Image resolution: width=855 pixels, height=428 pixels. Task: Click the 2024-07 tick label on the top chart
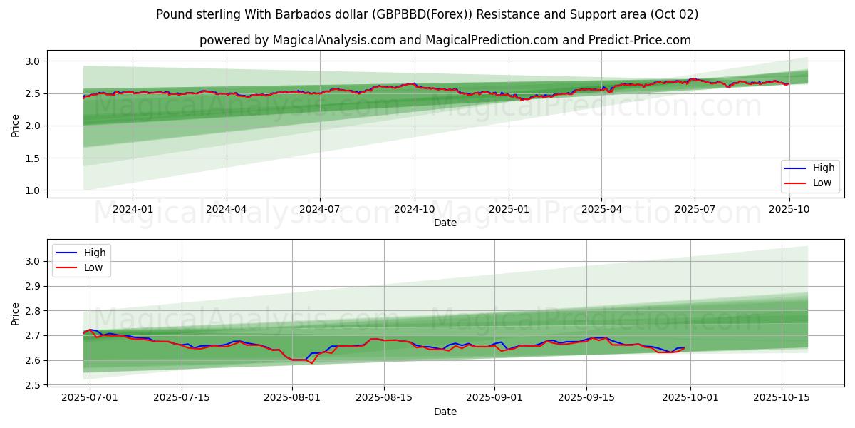(320, 209)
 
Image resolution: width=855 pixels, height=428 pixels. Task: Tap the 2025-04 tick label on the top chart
(601, 209)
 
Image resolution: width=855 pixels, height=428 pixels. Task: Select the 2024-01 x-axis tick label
(133, 209)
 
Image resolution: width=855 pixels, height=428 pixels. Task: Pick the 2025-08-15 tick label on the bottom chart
(384, 398)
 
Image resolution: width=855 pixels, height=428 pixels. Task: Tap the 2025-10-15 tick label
(782, 398)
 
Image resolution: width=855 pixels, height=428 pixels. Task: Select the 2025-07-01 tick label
(90, 398)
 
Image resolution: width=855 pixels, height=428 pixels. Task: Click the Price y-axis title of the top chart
(15, 126)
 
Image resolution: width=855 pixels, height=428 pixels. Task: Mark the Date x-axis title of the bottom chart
(445, 412)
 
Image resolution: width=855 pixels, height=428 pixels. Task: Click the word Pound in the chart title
(174, 14)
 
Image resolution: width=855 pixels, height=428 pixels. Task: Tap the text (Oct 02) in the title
(674, 14)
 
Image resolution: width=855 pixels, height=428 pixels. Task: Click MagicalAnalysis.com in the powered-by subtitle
(334, 40)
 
